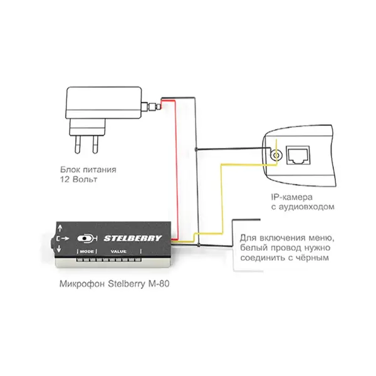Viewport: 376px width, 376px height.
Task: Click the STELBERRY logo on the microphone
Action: [133, 238]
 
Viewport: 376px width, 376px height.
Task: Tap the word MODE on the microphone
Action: [87, 251]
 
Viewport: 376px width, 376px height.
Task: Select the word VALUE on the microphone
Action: [118, 251]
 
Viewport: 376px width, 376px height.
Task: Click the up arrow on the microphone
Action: [60, 228]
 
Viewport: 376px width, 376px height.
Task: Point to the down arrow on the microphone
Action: [59, 249]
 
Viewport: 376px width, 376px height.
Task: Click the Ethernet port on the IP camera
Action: [298, 155]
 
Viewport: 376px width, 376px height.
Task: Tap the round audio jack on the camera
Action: [276, 155]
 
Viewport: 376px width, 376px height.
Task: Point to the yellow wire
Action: [222, 199]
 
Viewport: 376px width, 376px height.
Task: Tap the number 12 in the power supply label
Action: [65, 179]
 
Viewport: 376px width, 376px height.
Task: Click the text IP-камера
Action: [292, 197]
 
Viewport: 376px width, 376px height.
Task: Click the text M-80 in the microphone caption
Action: [159, 284]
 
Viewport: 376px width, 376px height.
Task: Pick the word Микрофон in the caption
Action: [82, 284]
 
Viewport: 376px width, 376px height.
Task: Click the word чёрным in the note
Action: [313, 258]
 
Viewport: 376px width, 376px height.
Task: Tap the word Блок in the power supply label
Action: [70, 170]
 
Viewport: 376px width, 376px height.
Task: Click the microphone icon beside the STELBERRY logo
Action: [87, 239]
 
